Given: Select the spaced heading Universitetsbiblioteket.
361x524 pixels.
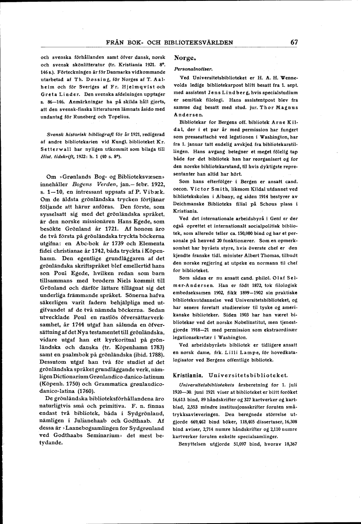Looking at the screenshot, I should (248, 375).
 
